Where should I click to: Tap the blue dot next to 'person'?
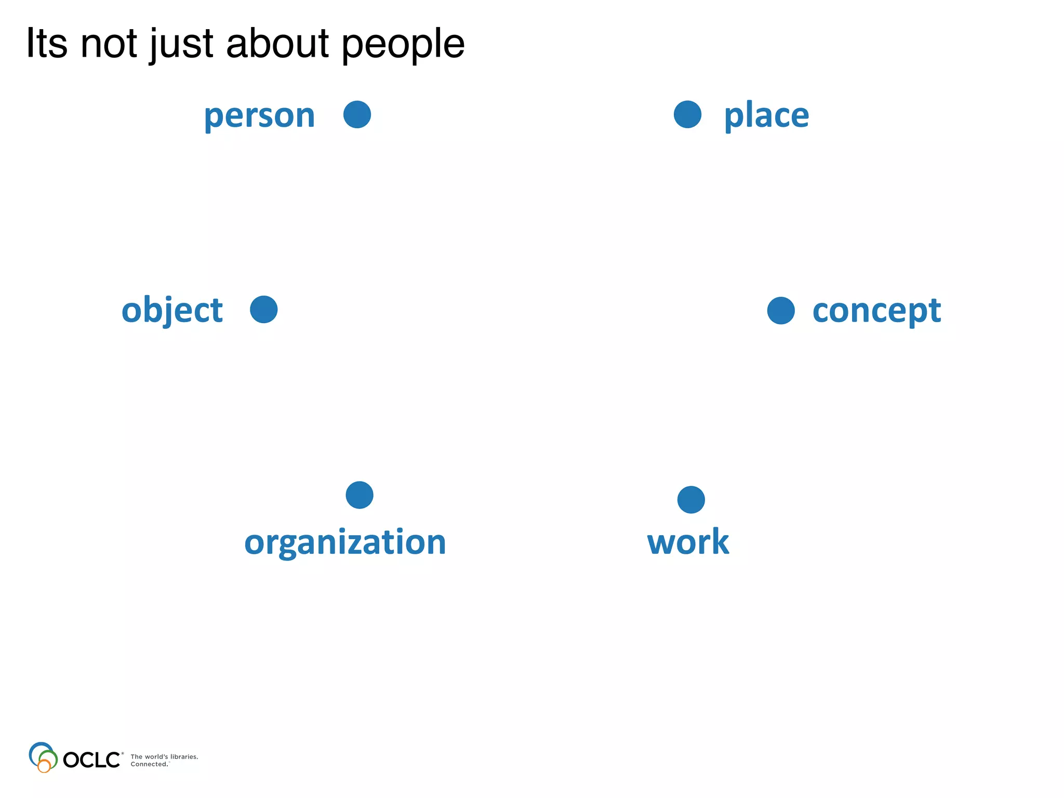click(357, 114)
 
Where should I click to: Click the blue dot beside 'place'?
click(687, 114)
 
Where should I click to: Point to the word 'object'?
click(172, 310)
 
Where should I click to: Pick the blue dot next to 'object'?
click(263, 310)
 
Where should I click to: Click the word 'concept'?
click(876, 311)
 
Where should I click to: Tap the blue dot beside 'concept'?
click(781, 311)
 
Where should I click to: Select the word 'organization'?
click(345, 542)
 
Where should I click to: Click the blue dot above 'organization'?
click(360, 495)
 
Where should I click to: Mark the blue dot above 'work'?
click(691, 500)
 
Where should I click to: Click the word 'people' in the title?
click(403, 44)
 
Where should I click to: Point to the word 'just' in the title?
click(181, 44)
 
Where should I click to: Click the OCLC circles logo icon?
click(43, 757)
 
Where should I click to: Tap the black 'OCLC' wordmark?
click(92, 760)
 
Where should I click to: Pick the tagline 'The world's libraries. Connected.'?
click(164, 760)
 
